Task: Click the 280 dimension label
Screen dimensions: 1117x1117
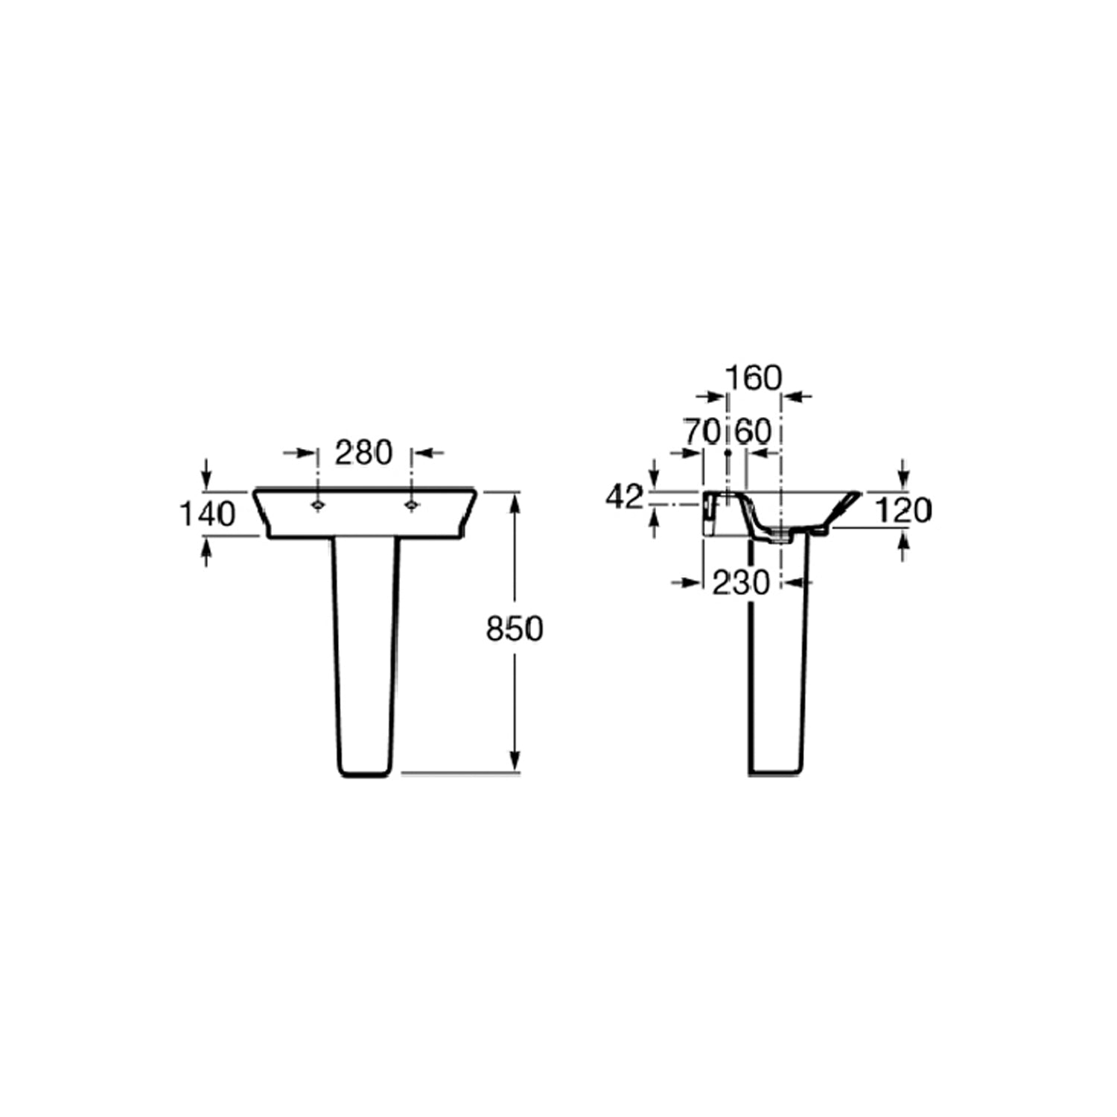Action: point(363,453)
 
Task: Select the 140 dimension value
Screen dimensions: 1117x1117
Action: point(208,514)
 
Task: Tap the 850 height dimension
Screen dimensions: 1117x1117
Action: point(515,629)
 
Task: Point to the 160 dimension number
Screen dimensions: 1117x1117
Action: point(754,378)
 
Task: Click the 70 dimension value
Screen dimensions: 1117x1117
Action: point(702,432)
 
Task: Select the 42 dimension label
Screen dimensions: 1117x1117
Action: point(624,497)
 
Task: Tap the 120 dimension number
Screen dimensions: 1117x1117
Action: point(903,511)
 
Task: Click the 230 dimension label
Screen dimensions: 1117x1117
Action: point(741,583)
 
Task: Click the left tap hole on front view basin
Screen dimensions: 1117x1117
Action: point(318,505)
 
